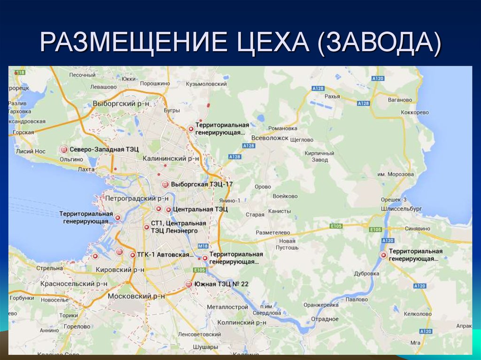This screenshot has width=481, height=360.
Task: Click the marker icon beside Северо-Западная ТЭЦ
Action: pos(64,149)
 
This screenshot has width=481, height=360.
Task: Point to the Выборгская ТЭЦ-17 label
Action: pos(202,184)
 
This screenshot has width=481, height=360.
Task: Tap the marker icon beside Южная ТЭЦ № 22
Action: pos(189,284)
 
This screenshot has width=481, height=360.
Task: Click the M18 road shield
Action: pos(203,246)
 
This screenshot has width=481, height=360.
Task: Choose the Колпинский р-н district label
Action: pos(242,322)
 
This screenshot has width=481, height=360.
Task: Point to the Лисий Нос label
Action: pos(31,152)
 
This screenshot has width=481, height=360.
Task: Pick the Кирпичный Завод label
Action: pos(319,156)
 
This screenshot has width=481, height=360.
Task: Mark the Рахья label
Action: pos(332,96)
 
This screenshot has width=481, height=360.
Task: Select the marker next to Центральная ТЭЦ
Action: pos(168,209)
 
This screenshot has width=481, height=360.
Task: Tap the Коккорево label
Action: pos(415,113)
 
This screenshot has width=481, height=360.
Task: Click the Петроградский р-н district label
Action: pos(136,199)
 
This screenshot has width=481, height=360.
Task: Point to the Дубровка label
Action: pos(367,273)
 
